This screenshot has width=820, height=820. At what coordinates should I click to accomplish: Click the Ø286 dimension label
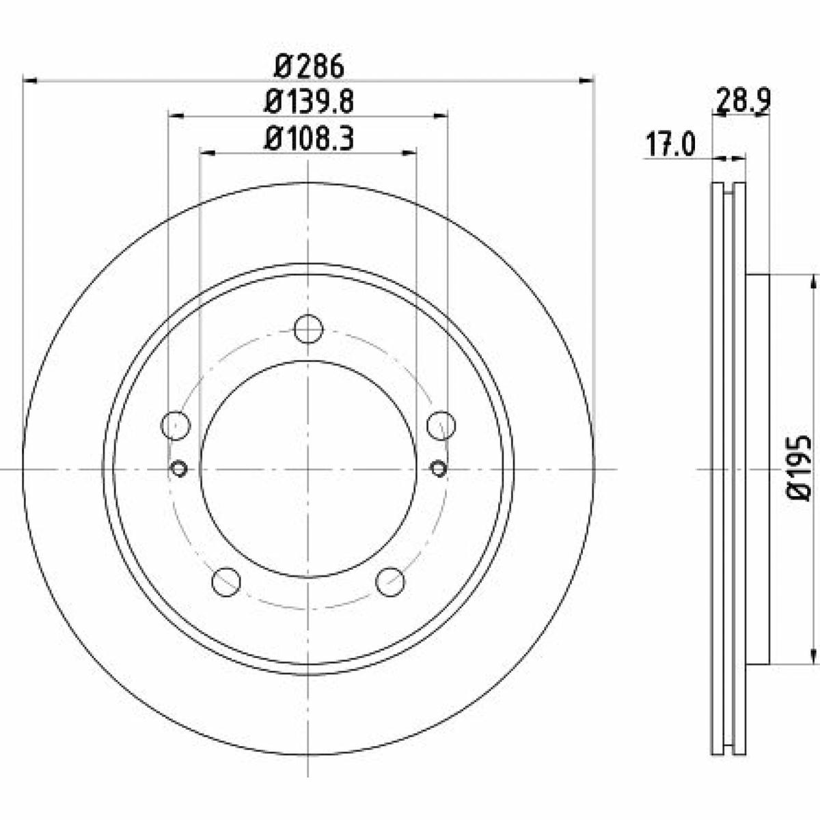coord(309,67)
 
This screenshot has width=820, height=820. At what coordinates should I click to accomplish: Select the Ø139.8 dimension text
coord(309,102)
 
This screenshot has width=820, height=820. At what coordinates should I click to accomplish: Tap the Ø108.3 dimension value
coord(309,139)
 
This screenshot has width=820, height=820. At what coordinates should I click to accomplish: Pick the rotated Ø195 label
coord(798,468)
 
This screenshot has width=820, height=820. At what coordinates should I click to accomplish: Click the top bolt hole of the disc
coord(308,329)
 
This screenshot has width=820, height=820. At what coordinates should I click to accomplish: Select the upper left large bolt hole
coord(176,425)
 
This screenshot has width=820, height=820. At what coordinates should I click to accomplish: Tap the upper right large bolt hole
coord(441,425)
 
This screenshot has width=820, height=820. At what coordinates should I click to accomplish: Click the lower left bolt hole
coord(226,582)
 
